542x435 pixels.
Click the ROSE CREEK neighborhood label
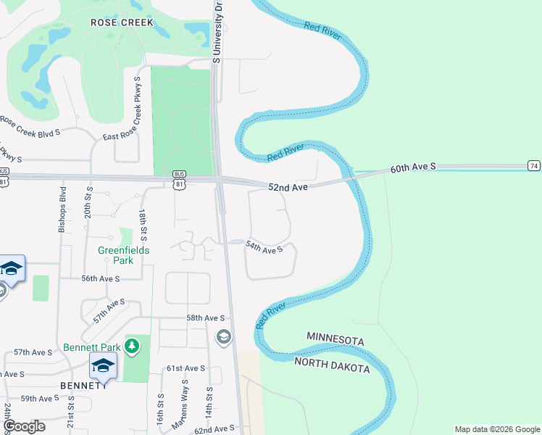tap(122, 22)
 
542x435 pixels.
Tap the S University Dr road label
tap(217, 32)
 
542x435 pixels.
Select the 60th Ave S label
tap(413, 167)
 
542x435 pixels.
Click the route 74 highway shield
tap(534, 165)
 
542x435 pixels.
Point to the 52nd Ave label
tap(288, 187)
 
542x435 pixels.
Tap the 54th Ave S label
tap(263, 249)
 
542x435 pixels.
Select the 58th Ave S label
tap(206, 318)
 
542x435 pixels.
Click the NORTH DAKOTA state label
tap(333, 364)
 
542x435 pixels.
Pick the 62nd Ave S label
tap(214, 429)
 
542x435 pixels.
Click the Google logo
tap(24, 426)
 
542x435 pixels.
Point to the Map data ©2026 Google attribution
tap(496, 429)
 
